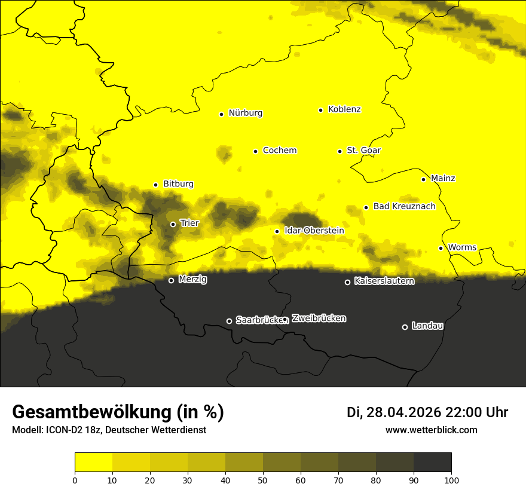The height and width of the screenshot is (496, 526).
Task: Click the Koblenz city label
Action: coord(345,109)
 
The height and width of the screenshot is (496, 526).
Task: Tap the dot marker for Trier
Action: coord(173,224)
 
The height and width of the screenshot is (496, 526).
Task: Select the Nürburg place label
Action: coord(245,113)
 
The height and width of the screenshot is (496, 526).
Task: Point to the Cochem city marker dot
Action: coord(255,151)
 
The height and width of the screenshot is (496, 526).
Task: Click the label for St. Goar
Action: coord(363,151)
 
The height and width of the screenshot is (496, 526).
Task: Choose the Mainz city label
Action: coord(443,179)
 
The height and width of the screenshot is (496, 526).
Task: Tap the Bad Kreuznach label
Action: coord(404,207)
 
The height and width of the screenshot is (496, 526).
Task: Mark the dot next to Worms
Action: coord(441,248)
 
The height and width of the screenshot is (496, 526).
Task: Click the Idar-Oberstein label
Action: coord(314,231)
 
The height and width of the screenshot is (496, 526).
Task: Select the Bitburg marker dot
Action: coord(155,185)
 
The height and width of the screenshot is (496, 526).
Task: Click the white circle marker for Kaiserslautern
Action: coord(347,282)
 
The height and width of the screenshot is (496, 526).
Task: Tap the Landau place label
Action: coord(427,326)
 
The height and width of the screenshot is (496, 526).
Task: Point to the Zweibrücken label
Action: coord(319,319)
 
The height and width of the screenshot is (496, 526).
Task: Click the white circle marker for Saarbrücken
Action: coord(229,321)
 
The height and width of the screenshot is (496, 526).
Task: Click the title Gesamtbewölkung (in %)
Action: coord(118,412)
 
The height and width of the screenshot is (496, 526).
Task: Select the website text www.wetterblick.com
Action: coord(431,430)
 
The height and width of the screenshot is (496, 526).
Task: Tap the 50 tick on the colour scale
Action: coord(263,479)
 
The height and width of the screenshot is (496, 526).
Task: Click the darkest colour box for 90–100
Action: coord(432,463)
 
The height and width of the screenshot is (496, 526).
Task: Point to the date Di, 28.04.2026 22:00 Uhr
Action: coord(427,412)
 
